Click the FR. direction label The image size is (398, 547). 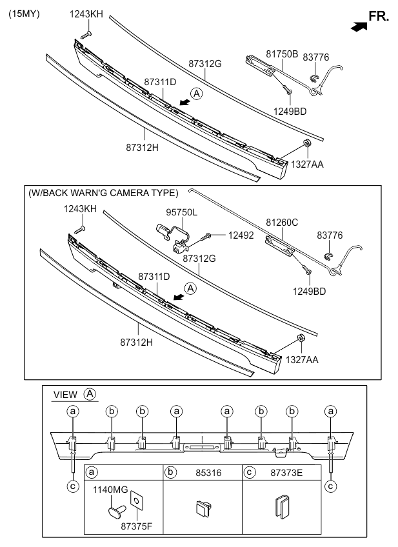coord(378,15)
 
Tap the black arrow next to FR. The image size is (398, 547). coord(359,26)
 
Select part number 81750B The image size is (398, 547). coord(282,54)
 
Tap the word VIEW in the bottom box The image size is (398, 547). coord(65,394)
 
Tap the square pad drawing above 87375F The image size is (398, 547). coord(137,500)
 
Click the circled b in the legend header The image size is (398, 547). coord(170,473)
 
